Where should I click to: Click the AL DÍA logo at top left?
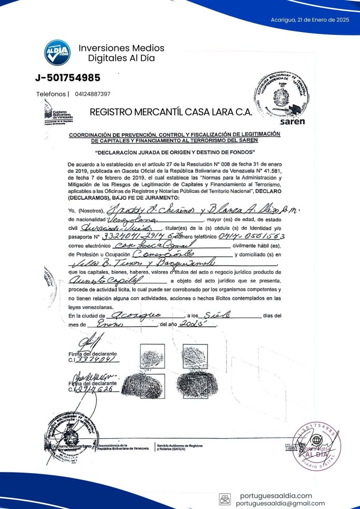tap(57, 52)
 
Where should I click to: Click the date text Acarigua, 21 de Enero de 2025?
tap(310, 20)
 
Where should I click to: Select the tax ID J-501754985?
tap(67, 77)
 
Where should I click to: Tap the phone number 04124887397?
tap(92, 94)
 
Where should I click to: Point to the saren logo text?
tap(292, 121)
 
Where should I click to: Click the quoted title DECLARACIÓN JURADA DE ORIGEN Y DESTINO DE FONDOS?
tap(175, 152)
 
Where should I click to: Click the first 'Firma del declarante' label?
tap(92, 353)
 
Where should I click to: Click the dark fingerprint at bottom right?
tap(196, 386)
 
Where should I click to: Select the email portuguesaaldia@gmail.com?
tap(280, 503)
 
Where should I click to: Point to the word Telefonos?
tap(51, 94)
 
